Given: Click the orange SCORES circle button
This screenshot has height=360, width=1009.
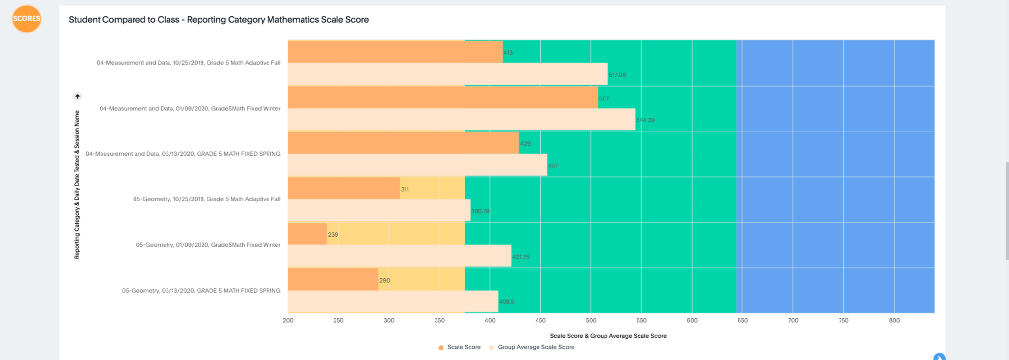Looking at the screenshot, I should [27, 19].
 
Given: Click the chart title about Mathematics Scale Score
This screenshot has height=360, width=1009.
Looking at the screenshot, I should [219, 20].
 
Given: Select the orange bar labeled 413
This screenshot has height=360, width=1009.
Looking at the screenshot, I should [395, 52].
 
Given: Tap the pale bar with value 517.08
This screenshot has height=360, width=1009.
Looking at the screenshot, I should [447, 74].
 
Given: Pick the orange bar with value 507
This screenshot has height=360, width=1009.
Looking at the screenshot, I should [442, 98].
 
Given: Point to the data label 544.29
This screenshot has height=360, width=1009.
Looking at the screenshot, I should [645, 120].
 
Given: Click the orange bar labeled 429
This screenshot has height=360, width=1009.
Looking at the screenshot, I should [403, 143].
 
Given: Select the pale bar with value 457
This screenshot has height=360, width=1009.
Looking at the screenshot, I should [417, 165].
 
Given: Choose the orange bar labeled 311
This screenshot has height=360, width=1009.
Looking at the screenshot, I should [343, 189].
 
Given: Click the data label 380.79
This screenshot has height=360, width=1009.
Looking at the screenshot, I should [480, 211].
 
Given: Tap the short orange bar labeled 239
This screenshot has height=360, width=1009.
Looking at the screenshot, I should [307, 234].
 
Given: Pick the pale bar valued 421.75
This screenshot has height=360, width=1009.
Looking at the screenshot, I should [399, 256].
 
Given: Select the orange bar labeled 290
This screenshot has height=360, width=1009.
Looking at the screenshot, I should [333, 280].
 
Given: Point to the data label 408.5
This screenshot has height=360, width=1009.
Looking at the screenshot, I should [507, 302].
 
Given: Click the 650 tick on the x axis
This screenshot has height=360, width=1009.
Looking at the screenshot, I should [742, 320].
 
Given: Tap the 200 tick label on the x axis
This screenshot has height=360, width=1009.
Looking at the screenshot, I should [288, 320].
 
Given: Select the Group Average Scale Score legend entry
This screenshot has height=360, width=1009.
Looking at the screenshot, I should [532, 347].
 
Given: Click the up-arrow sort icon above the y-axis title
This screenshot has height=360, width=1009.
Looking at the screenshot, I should [77, 97].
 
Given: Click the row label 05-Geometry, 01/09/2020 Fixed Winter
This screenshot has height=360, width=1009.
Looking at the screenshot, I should [208, 245].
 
